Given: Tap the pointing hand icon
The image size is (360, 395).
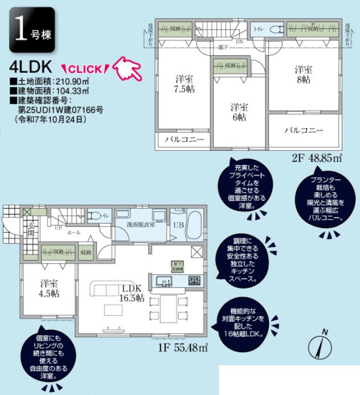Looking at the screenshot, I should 127,68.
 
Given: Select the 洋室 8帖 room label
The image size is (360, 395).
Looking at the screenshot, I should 303,75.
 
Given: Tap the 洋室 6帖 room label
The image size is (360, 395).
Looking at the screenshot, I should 238,112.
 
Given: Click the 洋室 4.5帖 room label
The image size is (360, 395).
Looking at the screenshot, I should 49,289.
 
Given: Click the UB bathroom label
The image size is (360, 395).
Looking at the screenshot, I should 178,224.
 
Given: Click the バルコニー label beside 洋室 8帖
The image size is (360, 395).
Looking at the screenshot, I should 304,130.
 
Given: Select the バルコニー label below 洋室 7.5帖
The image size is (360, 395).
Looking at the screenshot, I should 184,139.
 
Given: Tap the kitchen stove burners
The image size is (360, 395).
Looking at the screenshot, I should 195,280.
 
